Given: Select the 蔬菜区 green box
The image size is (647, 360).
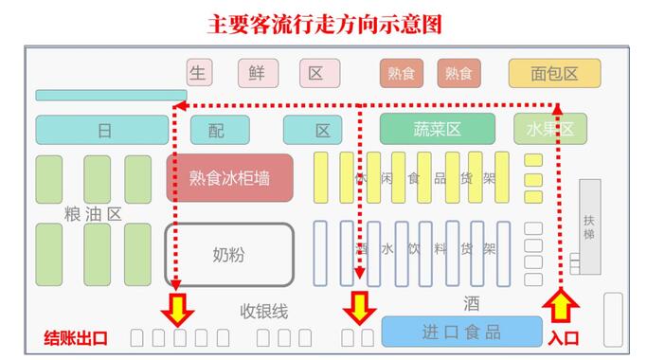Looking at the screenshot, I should (437, 129).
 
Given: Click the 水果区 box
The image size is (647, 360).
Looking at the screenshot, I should (549, 129).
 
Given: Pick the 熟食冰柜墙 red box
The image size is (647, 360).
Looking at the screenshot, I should (229, 177).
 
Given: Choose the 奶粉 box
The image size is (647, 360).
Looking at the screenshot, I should (229, 254).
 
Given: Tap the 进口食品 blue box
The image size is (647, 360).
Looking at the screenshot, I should (460, 332).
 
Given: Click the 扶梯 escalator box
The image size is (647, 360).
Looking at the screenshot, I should (590, 226).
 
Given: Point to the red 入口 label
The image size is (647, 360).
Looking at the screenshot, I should (563, 337).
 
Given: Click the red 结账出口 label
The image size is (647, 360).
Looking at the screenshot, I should (77, 337).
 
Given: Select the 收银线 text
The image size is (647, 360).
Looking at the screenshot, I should (264, 311).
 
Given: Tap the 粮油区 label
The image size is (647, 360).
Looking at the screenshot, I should (93, 214).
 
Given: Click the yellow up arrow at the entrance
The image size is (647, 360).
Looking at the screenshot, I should (560, 307).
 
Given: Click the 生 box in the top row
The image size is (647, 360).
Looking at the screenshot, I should (198, 73).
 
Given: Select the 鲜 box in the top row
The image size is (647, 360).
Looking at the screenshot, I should (257, 73).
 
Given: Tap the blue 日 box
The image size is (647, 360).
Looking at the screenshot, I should (104, 130).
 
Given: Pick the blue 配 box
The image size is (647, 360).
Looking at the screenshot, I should (220, 130).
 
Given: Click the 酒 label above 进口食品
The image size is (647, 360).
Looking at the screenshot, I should (471, 303).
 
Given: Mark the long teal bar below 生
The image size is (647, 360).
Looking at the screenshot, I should (111, 95).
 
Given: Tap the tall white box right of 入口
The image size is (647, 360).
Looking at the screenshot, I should (613, 319).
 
